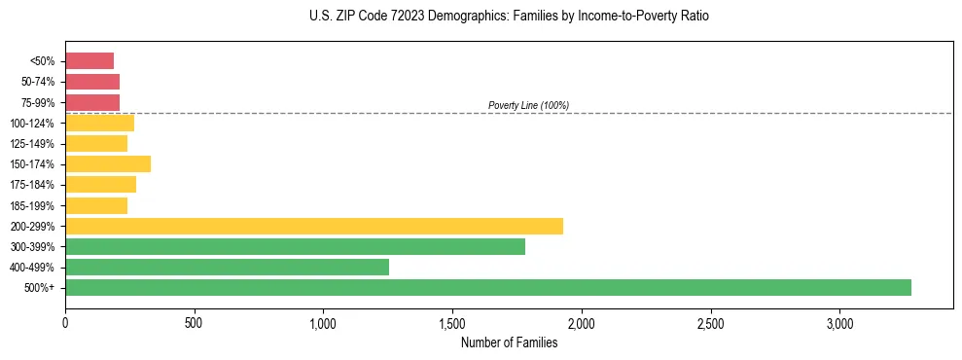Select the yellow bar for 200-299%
[314, 226]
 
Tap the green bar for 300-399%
[295, 246]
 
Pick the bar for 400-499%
[227, 267]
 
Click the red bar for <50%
[89, 60]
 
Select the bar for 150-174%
[108, 163]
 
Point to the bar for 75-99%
[92, 102]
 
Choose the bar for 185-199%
[96, 205]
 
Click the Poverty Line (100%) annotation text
[528, 105]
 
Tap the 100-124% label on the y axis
[32, 124]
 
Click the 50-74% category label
[38, 82]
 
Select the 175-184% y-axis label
[32, 185]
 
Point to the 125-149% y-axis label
[32, 144]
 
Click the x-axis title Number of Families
[509, 342]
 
